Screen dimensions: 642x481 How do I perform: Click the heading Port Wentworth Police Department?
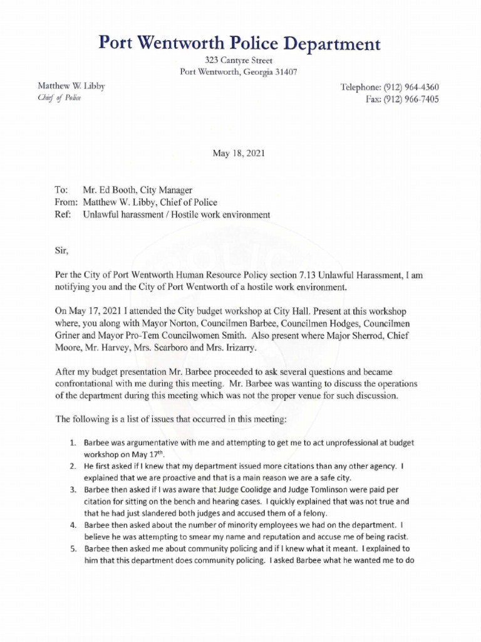pos(240,43)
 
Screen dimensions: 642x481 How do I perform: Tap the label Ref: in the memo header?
pos(63,215)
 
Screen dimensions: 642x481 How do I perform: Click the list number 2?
pos(73,466)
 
